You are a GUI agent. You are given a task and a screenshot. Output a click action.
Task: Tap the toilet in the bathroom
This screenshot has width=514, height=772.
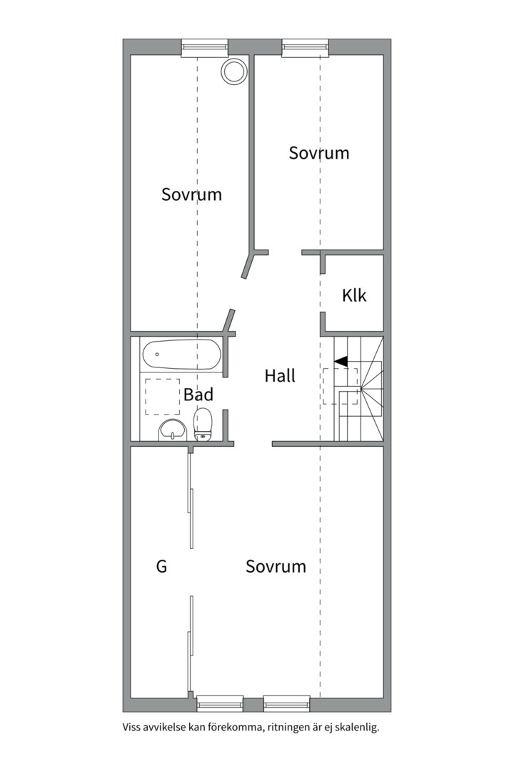203,425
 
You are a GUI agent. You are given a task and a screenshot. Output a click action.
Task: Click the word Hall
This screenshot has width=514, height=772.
280,376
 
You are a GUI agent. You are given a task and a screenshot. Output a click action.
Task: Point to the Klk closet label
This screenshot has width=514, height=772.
354,295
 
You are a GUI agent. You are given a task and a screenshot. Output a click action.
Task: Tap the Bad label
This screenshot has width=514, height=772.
198,395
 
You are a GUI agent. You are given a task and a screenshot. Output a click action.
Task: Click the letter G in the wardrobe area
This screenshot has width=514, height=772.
161,567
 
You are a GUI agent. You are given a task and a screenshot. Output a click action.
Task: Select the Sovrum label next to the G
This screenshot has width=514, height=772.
276,567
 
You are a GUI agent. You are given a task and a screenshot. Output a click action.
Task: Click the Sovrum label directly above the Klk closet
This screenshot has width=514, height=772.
319,153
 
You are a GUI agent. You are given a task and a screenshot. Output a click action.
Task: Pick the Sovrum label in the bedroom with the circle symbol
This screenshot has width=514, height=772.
191,194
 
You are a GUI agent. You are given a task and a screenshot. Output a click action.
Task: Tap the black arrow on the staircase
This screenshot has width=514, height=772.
341,362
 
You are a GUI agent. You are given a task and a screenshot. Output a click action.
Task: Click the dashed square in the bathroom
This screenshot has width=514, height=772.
163,397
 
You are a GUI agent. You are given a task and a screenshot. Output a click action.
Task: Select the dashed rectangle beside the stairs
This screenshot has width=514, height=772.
330,386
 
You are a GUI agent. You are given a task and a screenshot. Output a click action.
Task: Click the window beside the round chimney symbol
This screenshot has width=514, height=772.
203,47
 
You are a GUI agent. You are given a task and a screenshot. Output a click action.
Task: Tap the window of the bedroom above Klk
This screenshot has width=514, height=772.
306,47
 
